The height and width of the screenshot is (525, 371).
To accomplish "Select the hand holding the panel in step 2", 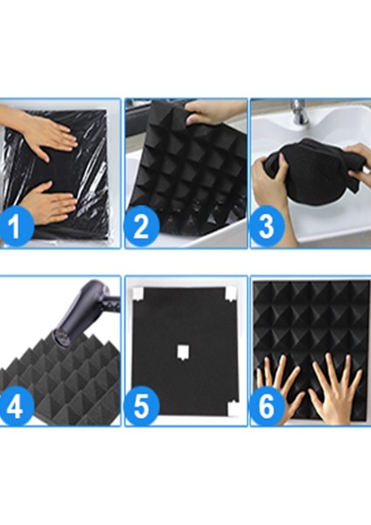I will [x=214, y=112].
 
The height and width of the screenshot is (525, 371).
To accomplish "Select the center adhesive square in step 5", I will [x=184, y=352].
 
